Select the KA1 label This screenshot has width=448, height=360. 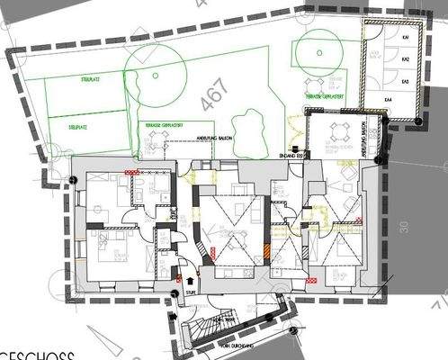pos(407,38)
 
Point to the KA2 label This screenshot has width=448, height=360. pos(407,59)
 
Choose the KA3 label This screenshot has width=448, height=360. pos(407,81)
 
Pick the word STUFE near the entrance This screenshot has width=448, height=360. pos(190,292)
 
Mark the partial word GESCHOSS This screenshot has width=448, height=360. pos(27,352)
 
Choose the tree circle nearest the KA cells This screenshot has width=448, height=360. pos(319,56)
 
